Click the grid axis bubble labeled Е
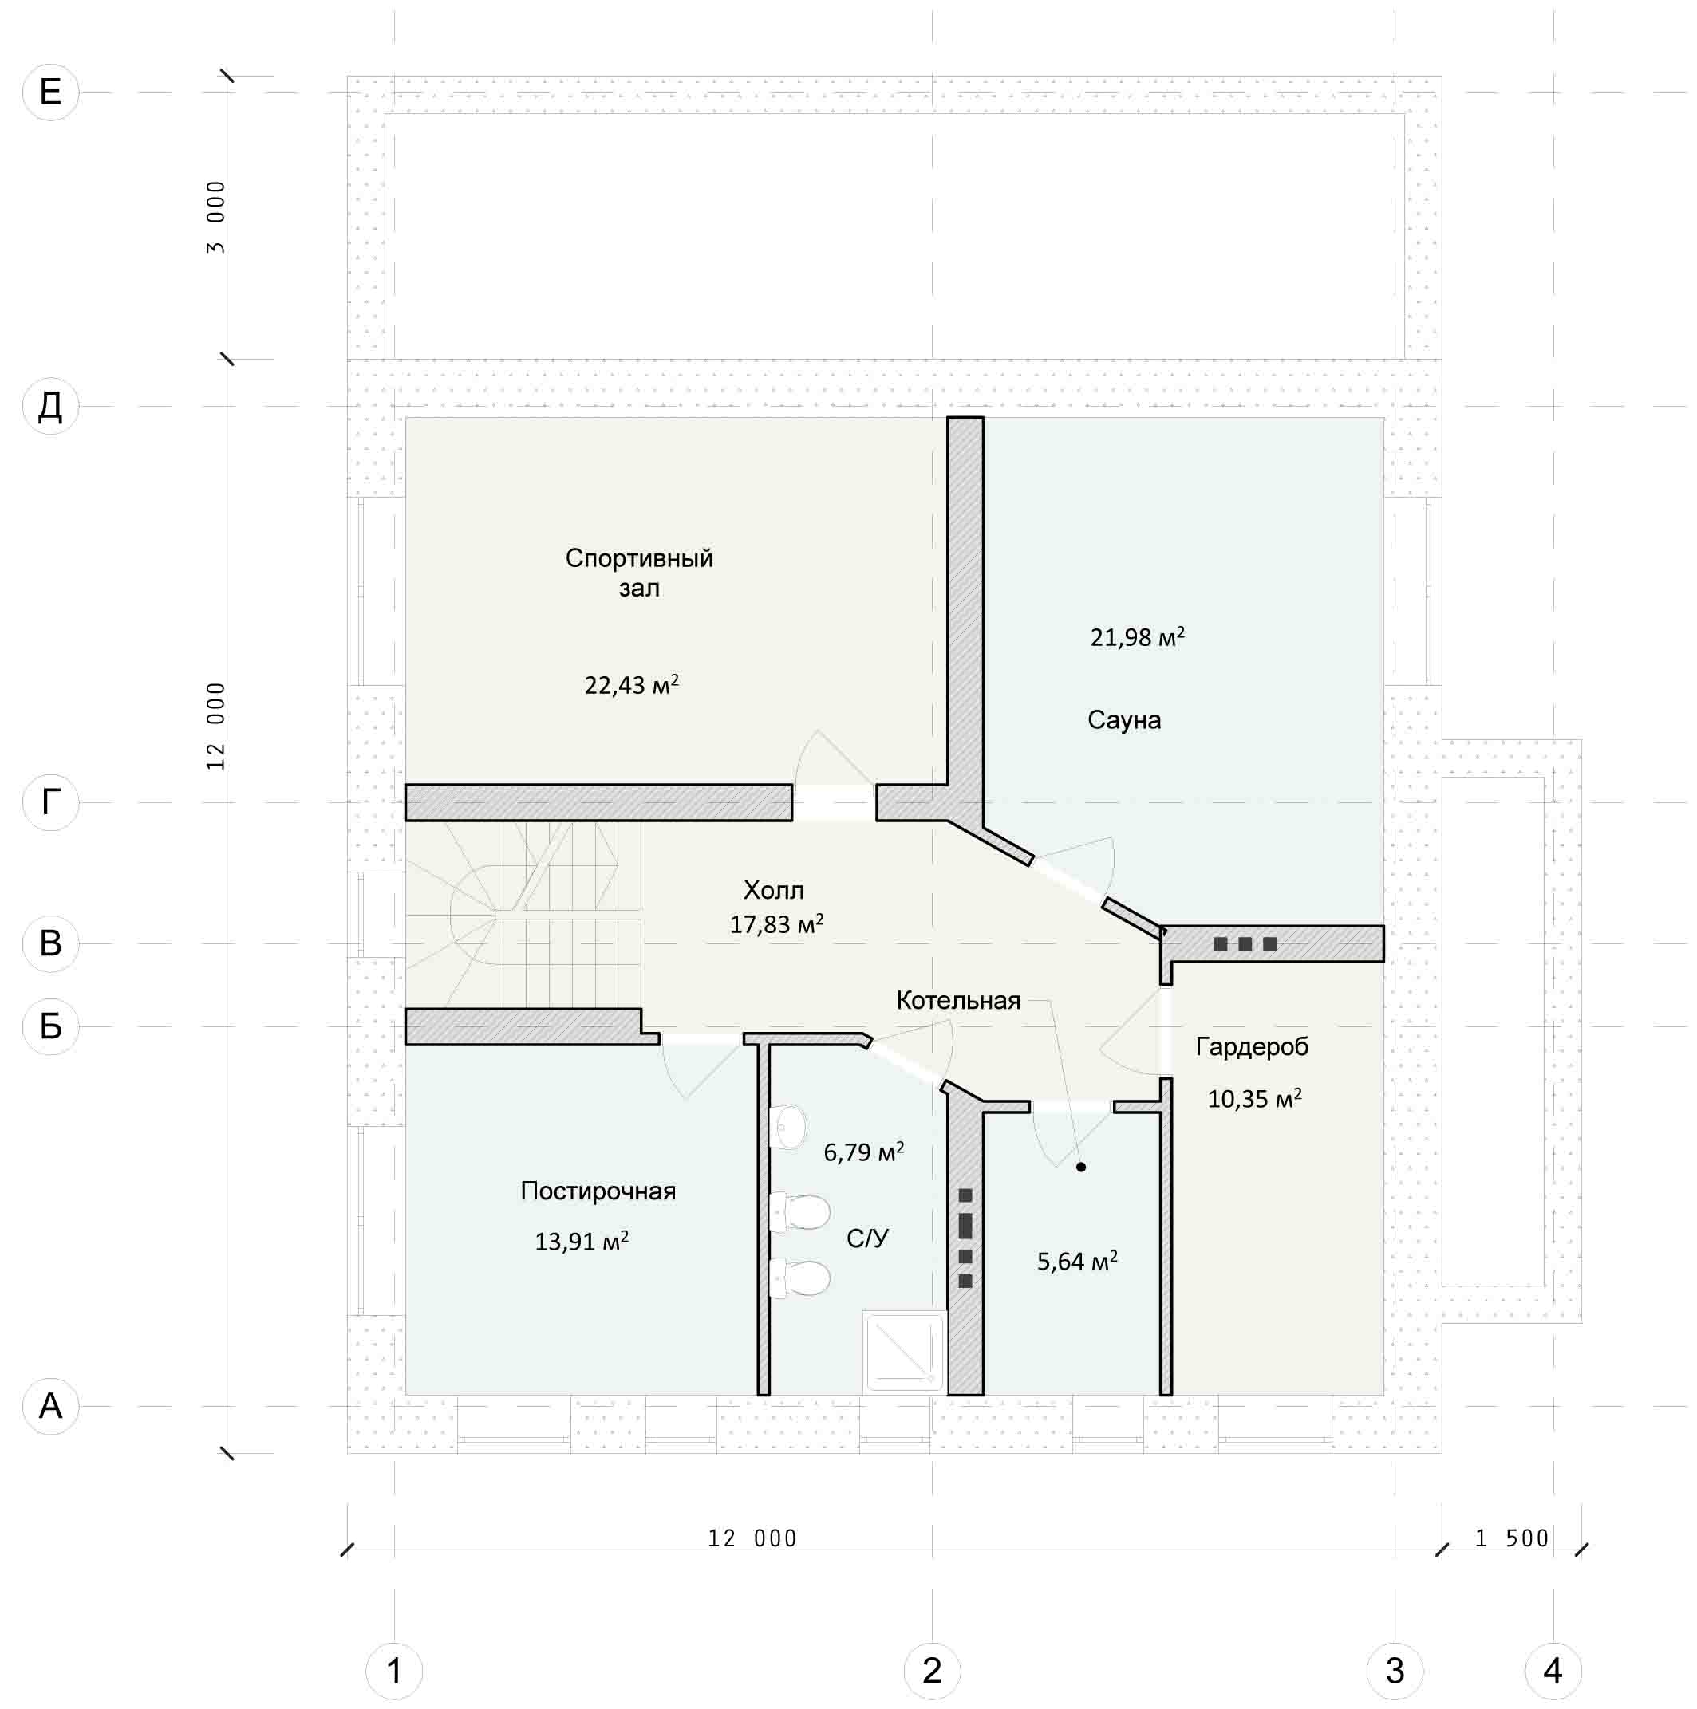[x=50, y=92]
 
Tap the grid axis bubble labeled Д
[x=50, y=407]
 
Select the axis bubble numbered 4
[x=1553, y=1671]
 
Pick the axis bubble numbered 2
[x=932, y=1671]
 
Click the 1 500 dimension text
[x=1511, y=1539]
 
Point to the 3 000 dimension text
[x=216, y=218]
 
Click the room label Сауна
[x=1123, y=720]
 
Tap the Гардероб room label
[x=1251, y=1046]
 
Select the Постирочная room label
[x=598, y=1191]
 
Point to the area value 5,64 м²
[x=1077, y=1261]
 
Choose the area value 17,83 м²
[x=776, y=924]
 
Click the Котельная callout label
[x=958, y=1001]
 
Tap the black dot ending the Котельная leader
[x=1080, y=1167]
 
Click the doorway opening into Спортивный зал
[x=835, y=802]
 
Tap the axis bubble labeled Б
[x=50, y=1026]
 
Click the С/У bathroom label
[x=867, y=1238]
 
